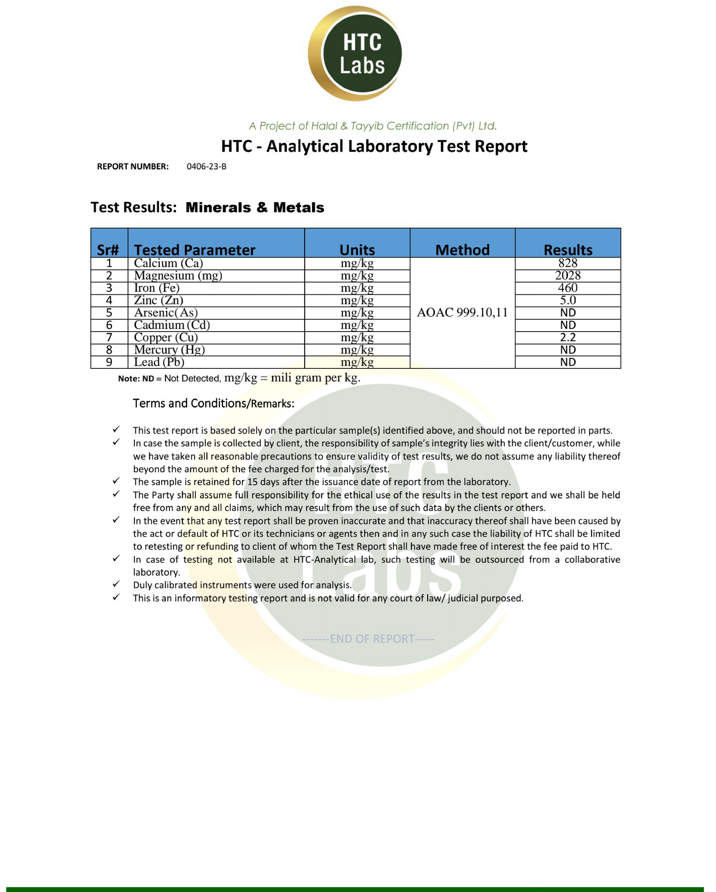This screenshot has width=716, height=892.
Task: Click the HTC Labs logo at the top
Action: click(355, 54)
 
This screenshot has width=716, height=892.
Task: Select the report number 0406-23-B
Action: click(206, 167)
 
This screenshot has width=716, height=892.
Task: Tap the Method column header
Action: click(462, 250)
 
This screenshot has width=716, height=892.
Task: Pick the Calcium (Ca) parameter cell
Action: click(169, 263)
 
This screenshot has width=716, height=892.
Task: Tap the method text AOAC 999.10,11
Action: click(462, 312)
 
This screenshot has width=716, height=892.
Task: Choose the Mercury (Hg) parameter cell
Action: click(169, 350)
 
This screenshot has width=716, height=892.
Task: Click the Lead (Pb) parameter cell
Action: click(159, 362)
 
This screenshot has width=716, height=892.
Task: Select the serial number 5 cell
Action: click(109, 313)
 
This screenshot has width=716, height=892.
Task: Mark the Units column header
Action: click(357, 250)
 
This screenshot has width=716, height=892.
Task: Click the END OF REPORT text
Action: click(368, 639)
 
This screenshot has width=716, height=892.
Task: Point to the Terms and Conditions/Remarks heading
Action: click(213, 403)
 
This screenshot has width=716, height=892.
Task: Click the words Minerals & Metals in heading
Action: click(255, 207)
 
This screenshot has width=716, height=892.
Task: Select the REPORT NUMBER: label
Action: click(133, 167)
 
